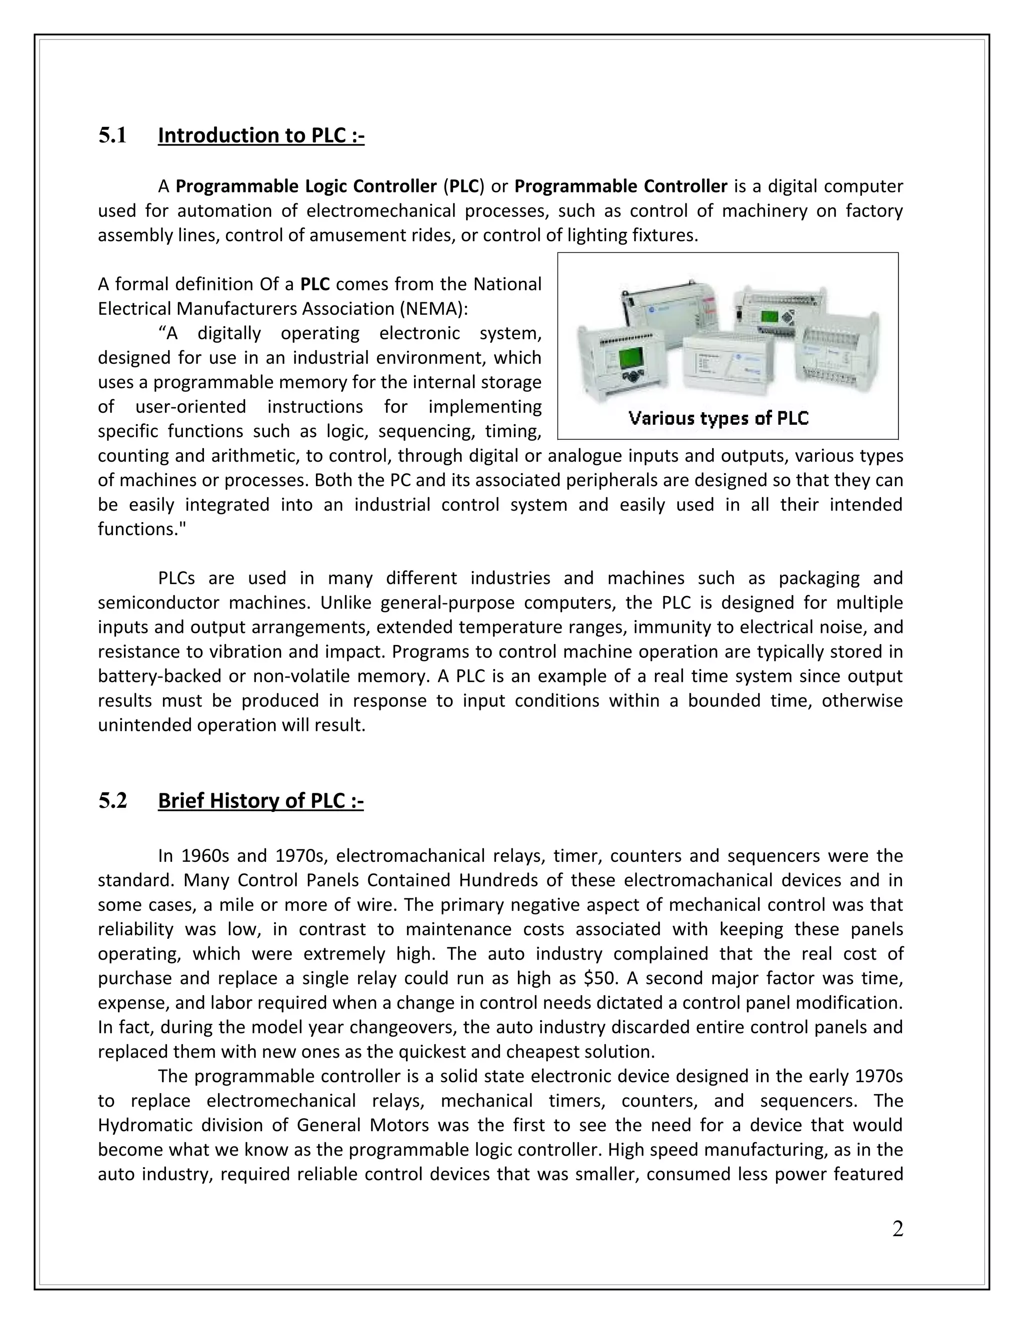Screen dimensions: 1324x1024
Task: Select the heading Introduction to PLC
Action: pos(261,135)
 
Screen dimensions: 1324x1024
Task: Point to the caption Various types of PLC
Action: pos(718,418)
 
